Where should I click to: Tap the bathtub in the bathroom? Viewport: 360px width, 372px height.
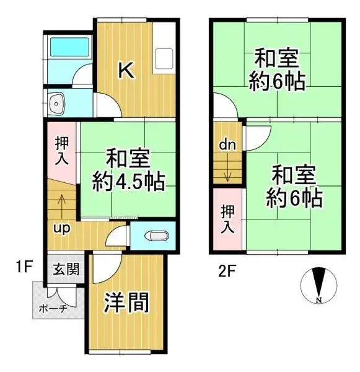69,48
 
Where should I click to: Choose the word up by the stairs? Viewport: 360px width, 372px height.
61,228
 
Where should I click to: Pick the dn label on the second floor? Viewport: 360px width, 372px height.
226,144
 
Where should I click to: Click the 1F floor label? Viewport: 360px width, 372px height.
24,267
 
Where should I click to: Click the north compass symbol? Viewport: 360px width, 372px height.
318,285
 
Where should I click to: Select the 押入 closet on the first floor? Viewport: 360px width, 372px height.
63,150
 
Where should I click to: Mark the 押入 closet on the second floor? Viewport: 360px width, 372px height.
227,218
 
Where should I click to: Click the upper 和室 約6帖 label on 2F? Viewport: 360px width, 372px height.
277,69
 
